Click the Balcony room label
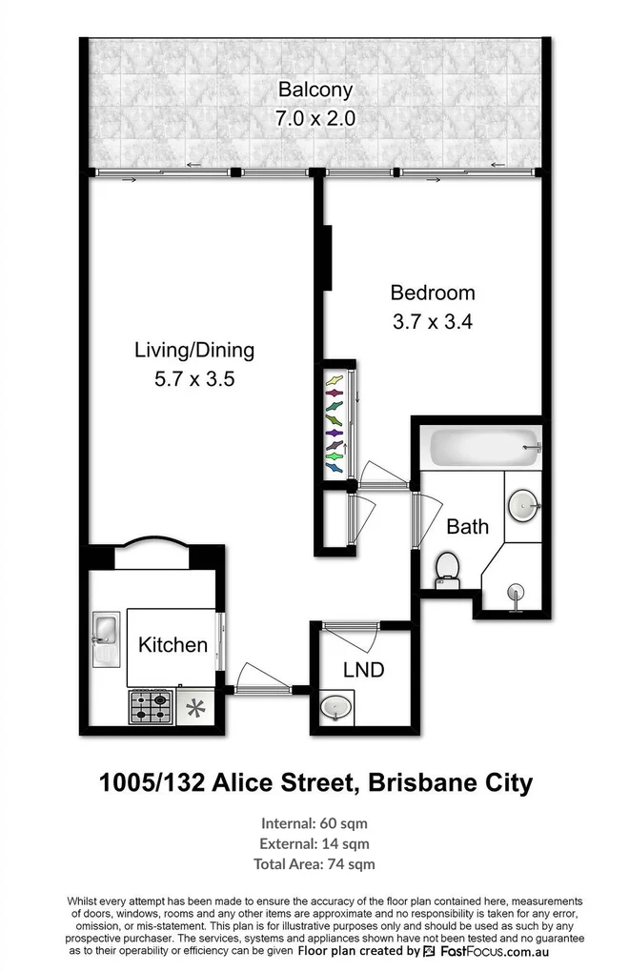click(x=315, y=90)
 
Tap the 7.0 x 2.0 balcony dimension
click(x=315, y=118)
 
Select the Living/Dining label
click(x=194, y=351)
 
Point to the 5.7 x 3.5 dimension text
click(x=194, y=379)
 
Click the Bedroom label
click(x=433, y=293)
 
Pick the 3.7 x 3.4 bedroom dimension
click(x=433, y=322)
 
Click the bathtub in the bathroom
click(x=485, y=448)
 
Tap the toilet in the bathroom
click(x=447, y=571)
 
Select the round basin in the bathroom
click(x=524, y=505)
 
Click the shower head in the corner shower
click(x=515, y=592)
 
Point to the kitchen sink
click(x=106, y=639)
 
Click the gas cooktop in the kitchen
click(x=152, y=707)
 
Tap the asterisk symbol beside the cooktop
click(x=195, y=708)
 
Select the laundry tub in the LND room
click(x=336, y=707)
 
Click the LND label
click(x=364, y=670)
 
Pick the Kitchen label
click(x=172, y=645)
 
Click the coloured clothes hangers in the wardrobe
click(x=335, y=424)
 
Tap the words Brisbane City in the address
click(x=450, y=783)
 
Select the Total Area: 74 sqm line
click(x=314, y=864)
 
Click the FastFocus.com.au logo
click(x=486, y=952)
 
